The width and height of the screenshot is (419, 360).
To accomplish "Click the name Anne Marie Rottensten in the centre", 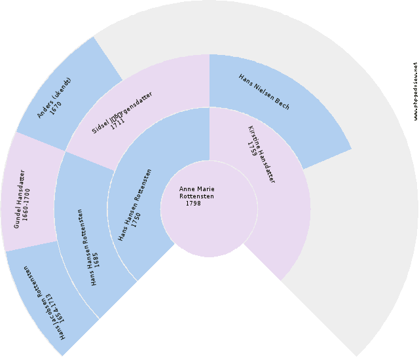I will [x=196, y=192].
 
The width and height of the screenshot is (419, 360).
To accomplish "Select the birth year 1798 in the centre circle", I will [x=193, y=204].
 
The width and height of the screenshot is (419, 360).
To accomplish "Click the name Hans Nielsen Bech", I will [x=264, y=92].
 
